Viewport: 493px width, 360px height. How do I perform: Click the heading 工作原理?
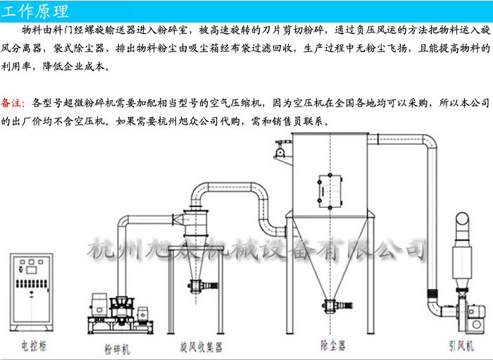pyautogui.click(x=35, y=11)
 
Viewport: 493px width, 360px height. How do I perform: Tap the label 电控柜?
pyautogui.click(x=34, y=346)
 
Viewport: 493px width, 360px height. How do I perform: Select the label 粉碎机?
pyautogui.click(x=117, y=349)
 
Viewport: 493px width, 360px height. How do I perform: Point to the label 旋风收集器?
pyautogui.click(x=201, y=347)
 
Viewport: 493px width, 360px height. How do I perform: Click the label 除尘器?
pyautogui.click(x=332, y=345)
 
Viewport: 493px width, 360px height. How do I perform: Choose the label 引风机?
pyautogui.click(x=461, y=346)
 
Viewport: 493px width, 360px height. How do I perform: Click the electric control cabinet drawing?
pyautogui.click(x=32, y=292)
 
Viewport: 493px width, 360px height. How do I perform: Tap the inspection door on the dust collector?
pyautogui.click(x=330, y=191)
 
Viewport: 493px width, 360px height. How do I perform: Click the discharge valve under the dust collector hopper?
pyautogui.click(x=337, y=305)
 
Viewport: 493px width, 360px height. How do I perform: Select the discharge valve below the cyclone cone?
pyautogui.click(x=203, y=286)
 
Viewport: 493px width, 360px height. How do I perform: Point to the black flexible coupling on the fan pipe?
pyautogui.click(x=432, y=294)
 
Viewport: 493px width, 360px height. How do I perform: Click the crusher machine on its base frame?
pyautogui.click(x=120, y=314)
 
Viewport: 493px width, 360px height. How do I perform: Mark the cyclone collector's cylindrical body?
pyautogui.click(x=196, y=223)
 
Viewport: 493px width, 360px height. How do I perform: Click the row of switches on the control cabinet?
pyautogui.click(x=32, y=284)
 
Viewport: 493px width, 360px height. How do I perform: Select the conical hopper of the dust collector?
pyautogui.click(x=330, y=258)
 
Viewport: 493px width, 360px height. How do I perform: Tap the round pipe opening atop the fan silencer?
pyautogui.click(x=463, y=218)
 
